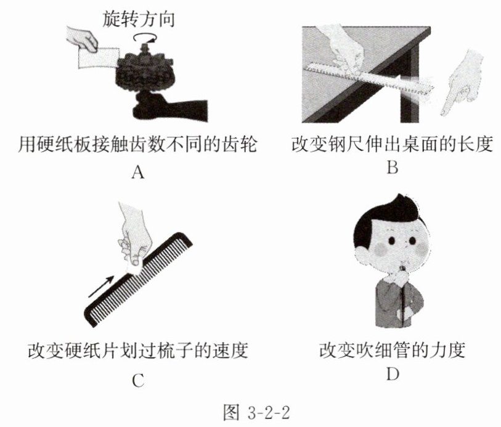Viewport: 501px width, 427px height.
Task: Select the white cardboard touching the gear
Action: (99, 58)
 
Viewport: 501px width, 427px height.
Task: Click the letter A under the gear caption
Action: (137, 173)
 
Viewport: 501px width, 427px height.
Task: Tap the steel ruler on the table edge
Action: (367, 78)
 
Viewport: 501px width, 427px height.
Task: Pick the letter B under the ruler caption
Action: (393, 166)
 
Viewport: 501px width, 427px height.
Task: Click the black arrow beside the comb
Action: (100, 286)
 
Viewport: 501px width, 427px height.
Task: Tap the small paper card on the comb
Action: (134, 266)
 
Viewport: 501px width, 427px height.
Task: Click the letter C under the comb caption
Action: (138, 380)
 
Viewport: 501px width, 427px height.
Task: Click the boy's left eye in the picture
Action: (392, 240)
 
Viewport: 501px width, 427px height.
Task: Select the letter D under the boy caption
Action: (393, 373)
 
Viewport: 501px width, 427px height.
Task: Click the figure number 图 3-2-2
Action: (256, 412)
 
